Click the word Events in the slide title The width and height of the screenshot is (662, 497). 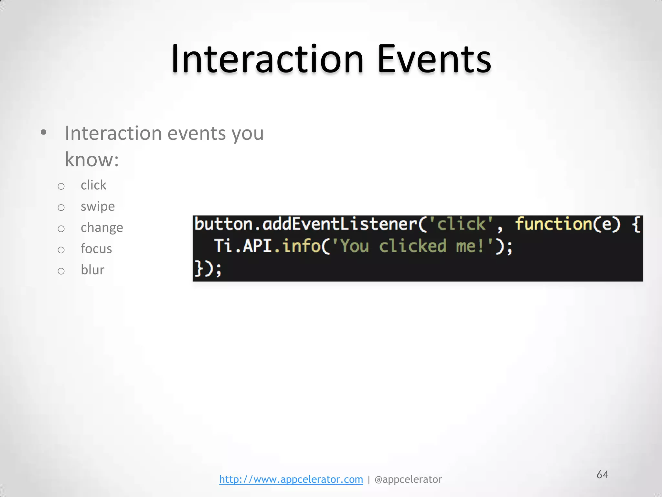(x=434, y=60)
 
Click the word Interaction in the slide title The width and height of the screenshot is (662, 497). (x=268, y=60)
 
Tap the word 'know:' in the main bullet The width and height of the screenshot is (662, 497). (x=92, y=160)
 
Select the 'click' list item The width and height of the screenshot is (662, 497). (x=93, y=185)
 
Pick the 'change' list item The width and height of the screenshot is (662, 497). (x=102, y=228)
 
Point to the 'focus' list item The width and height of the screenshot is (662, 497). (x=96, y=249)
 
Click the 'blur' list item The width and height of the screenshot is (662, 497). (x=92, y=270)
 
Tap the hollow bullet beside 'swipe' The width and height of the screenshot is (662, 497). (x=61, y=207)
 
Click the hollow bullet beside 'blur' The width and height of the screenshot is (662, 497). (x=61, y=271)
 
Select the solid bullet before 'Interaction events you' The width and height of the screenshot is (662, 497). (x=44, y=132)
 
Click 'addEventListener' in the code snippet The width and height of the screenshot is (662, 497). (x=340, y=224)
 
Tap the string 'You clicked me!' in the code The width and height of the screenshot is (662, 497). (x=413, y=246)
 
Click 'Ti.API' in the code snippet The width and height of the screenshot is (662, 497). (x=242, y=246)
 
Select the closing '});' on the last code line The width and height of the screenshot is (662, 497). (x=208, y=269)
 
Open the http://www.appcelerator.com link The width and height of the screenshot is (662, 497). (x=291, y=479)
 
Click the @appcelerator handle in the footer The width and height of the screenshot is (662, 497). (x=408, y=479)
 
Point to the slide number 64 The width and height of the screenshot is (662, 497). (x=602, y=474)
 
